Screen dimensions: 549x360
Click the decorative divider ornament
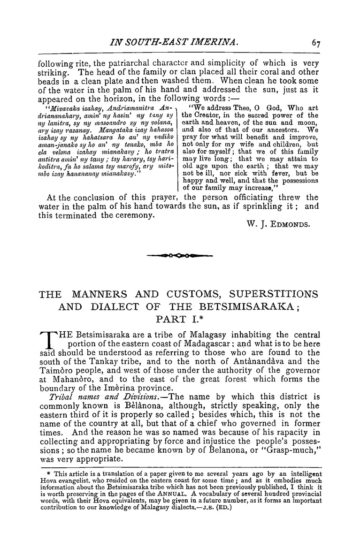(179, 256)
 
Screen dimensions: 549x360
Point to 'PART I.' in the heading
(180, 321)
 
